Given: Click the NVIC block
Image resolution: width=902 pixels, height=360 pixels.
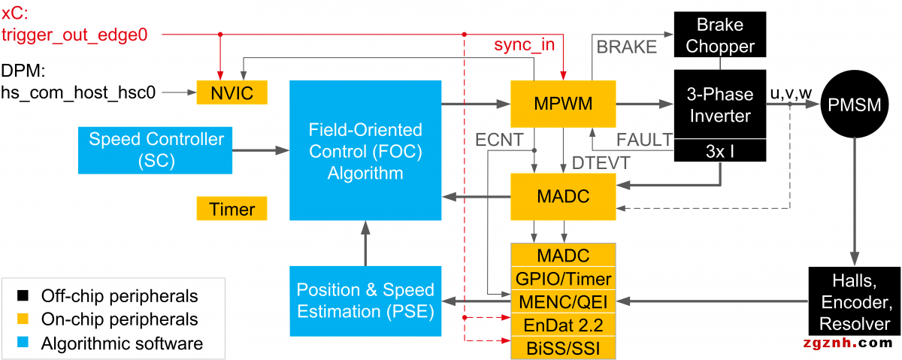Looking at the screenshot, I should (231, 93).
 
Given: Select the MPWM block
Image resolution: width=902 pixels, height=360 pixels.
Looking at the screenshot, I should (562, 102).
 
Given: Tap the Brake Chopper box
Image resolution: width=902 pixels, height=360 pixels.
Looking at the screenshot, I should (720, 35).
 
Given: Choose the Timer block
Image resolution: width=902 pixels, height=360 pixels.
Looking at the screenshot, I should (232, 209).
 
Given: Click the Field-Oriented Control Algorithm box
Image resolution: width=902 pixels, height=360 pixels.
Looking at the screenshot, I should (365, 150).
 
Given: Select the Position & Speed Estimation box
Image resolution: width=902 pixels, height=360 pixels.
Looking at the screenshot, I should (365, 300).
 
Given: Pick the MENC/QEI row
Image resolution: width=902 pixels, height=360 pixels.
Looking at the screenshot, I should (563, 301).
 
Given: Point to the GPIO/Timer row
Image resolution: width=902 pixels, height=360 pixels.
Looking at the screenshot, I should (563, 279).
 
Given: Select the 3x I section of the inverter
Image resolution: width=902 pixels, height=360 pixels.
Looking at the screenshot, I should (720, 151).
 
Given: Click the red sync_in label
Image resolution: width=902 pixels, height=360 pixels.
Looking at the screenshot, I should (524, 45).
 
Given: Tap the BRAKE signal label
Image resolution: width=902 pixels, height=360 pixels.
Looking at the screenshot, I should (626, 47).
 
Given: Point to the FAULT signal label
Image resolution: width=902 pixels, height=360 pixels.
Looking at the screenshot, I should (644, 139).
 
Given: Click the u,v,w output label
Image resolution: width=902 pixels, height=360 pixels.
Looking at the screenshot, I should (790, 92).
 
